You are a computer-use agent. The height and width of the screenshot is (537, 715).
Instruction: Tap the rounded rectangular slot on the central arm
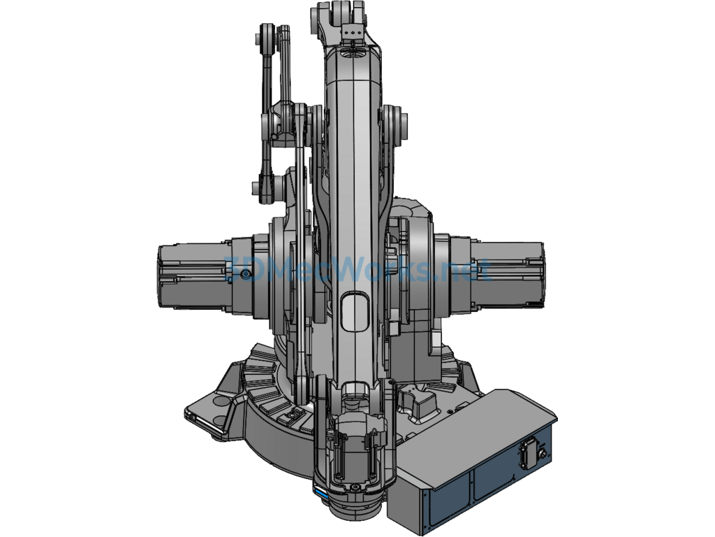[354, 312]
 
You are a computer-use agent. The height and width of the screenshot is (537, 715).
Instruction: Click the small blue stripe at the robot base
[321, 494]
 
